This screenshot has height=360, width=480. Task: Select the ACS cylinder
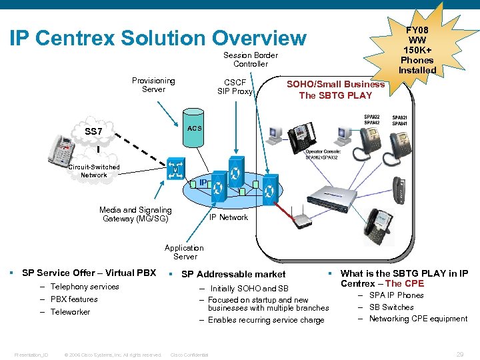point(194,128)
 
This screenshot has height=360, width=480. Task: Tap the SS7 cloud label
point(93,131)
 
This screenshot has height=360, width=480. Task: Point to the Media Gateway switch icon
point(175,168)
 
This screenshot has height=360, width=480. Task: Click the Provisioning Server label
point(153,85)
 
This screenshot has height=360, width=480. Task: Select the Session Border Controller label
point(251,59)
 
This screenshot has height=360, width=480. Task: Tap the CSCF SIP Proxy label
point(235,87)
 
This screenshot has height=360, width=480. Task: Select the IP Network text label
point(229,217)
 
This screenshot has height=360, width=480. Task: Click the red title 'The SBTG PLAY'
point(335,95)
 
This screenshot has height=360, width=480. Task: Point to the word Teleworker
point(70,312)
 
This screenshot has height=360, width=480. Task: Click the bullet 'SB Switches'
point(391,307)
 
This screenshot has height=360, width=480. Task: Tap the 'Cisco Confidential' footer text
point(189,355)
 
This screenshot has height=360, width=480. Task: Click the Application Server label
point(185,252)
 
